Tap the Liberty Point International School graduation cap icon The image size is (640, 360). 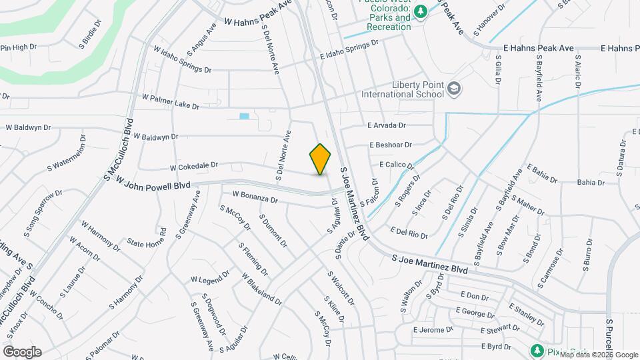tap(454, 89)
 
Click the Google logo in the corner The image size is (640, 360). tap(22, 352)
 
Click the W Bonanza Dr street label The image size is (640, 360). tap(255, 197)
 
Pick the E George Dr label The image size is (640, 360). tap(474, 311)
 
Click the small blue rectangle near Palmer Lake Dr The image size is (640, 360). tap(244, 116)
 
